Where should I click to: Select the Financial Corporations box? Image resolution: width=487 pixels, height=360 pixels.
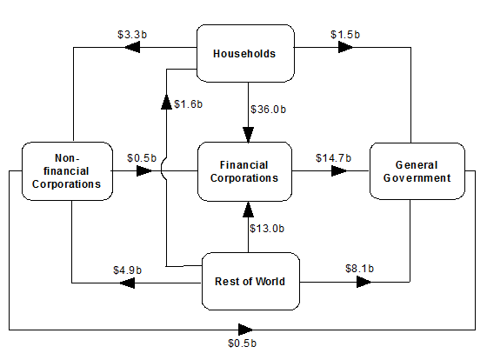point(243,171)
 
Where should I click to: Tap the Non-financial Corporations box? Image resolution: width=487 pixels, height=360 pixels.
point(66,171)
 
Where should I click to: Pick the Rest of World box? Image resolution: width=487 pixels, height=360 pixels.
point(250,281)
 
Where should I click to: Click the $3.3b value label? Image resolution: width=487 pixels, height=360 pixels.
point(131,35)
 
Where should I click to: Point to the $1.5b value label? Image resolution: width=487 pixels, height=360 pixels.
point(345,34)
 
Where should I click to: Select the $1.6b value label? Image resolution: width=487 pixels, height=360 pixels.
point(188,104)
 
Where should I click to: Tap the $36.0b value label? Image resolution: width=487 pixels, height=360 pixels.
point(267,110)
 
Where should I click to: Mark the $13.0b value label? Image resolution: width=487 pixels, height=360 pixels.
point(267,228)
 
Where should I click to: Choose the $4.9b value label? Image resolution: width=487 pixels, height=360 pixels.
point(128,270)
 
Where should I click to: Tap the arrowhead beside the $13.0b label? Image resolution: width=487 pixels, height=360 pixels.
point(249,209)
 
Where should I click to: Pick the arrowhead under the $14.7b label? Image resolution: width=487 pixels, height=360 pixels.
point(336,171)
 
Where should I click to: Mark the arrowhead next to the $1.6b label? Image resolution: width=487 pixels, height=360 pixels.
point(167,103)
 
